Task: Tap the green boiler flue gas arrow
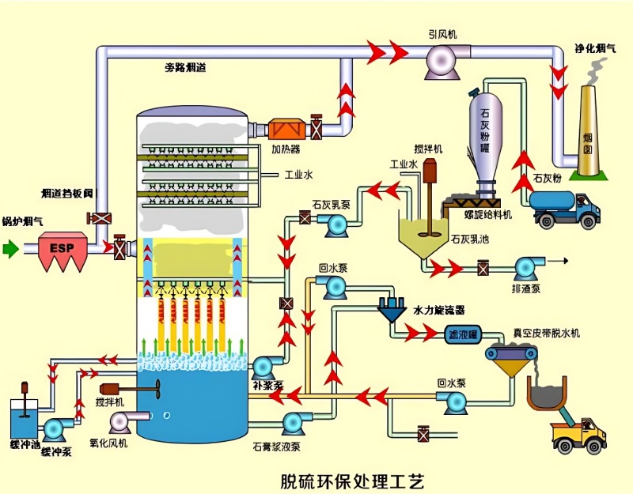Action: [x=10, y=249]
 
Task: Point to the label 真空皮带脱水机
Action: [x=545, y=334]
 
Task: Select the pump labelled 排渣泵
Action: [x=525, y=269]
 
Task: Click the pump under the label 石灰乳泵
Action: [x=336, y=224]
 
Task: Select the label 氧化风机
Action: [x=108, y=443]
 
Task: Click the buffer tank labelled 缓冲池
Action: [x=21, y=417]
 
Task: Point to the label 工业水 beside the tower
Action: [x=298, y=174]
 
